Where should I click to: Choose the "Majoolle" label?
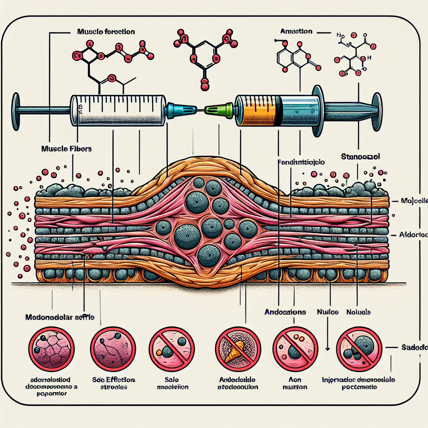click(x=413, y=201)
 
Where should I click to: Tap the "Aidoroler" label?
click(x=413, y=234)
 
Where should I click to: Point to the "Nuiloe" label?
click(x=327, y=312)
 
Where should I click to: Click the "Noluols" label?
click(x=359, y=312)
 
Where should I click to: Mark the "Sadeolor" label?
click(x=414, y=347)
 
